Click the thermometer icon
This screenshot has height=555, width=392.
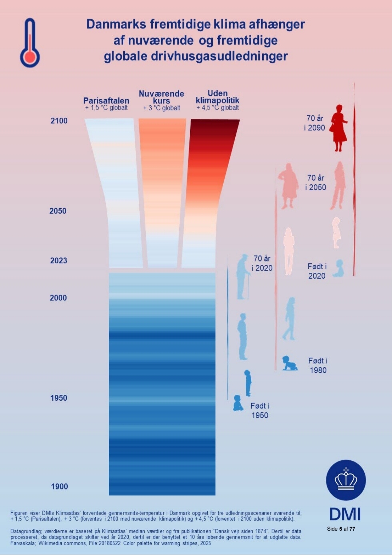click(30, 43)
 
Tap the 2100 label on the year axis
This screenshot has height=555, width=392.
click(59, 121)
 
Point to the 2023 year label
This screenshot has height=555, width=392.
click(59, 261)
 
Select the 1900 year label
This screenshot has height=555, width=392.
click(59, 487)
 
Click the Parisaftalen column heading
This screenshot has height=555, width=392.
click(106, 101)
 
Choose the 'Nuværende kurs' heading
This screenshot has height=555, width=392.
click(161, 97)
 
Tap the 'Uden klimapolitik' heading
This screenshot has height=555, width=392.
click(217, 97)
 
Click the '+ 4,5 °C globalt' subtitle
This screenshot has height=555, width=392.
click(217, 108)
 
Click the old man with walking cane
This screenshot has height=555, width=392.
click(243, 277)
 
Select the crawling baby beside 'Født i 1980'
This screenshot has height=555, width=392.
click(289, 363)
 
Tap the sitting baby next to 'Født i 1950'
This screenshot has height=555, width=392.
click(238, 403)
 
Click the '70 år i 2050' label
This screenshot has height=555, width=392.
click(316, 182)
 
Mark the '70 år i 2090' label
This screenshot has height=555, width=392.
click(315, 123)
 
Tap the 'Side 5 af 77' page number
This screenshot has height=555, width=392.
click(341, 529)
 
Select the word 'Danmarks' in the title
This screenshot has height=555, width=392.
click(116, 24)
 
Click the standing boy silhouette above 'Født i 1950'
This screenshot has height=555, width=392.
click(248, 383)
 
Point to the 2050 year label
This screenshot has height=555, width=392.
click(58, 211)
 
